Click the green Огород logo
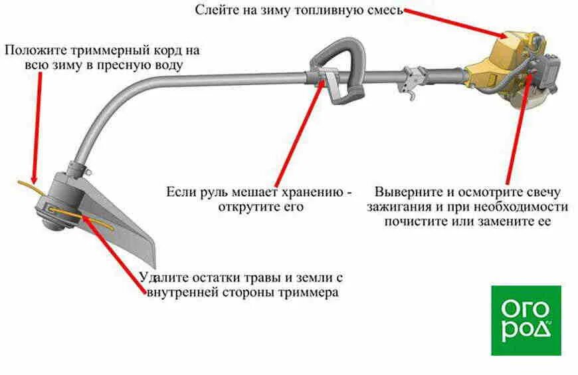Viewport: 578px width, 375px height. [x=526, y=320]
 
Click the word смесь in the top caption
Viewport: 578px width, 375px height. [x=383, y=10]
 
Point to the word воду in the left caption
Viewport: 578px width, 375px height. [x=165, y=65]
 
